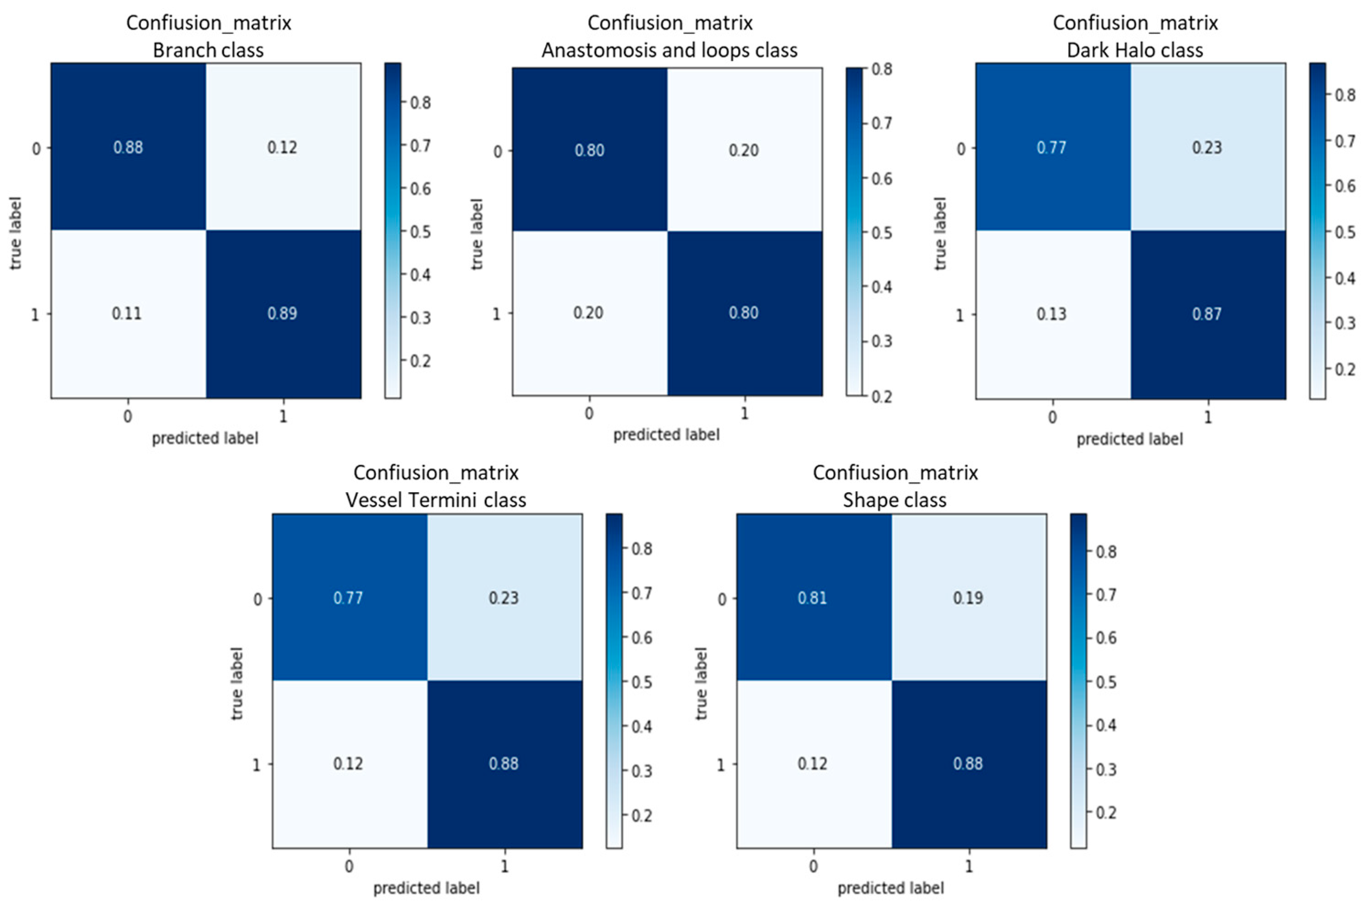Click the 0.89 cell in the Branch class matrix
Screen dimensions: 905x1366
[x=282, y=314]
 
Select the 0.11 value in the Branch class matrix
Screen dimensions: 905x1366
[x=127, y=314]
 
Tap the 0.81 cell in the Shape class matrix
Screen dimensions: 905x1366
[x=812, y=597]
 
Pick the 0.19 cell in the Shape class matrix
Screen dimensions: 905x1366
[x=968, y=597]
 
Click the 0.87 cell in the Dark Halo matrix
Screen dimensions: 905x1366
[x=1207, y=314]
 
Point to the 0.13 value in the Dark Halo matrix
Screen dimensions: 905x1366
[x=1051, y=314]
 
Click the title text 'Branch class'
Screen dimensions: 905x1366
[x=209, y=50]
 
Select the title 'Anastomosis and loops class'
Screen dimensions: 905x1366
[x=669, y=50]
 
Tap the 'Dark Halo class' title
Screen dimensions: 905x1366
[x=1135, y=50]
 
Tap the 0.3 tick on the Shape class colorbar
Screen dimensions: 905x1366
[x=1106, y=769]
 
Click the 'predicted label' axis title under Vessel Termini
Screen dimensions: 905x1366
[x=426, y=888]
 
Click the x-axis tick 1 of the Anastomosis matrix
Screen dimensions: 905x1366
[x=744, y=413]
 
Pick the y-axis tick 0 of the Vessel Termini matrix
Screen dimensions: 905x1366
[x=257, y=598]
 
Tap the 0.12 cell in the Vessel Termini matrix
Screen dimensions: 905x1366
[x=348, y=764]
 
